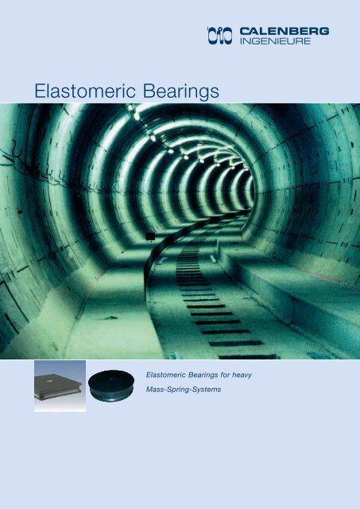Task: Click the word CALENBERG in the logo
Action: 284,31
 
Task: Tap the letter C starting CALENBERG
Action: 244,31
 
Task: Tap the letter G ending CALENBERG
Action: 323,31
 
